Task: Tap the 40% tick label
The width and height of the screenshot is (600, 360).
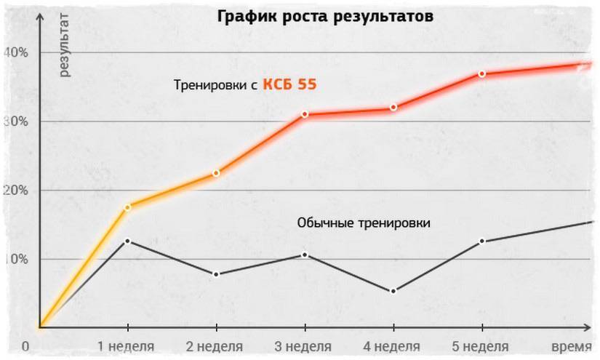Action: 15,52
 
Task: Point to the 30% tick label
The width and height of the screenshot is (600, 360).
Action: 15,121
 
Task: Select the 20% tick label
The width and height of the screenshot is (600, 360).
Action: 15,191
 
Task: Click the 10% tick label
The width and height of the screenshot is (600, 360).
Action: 15,260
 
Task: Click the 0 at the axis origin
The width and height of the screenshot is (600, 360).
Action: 25,347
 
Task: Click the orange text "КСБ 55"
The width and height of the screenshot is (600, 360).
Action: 289,84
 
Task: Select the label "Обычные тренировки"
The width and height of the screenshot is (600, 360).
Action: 364,223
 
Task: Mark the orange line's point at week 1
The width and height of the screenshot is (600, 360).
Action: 128,207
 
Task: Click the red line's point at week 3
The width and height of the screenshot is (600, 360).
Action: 305,114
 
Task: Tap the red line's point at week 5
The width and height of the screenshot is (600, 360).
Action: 481,74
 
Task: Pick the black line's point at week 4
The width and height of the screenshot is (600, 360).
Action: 393,291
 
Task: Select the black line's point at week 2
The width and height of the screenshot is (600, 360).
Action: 217,274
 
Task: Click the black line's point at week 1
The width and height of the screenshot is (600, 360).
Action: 128,241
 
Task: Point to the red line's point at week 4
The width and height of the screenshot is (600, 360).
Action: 393,108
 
